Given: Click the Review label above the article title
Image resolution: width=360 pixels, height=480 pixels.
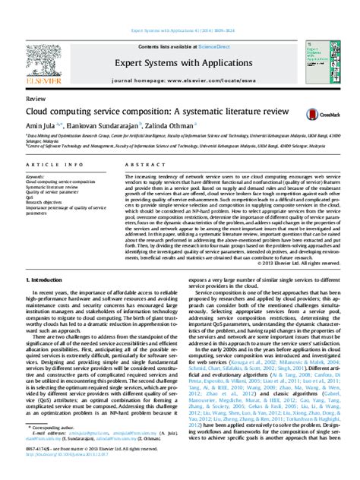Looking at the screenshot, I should (35, 99).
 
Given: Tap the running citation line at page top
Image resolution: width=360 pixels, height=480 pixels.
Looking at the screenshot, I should (179, 10).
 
